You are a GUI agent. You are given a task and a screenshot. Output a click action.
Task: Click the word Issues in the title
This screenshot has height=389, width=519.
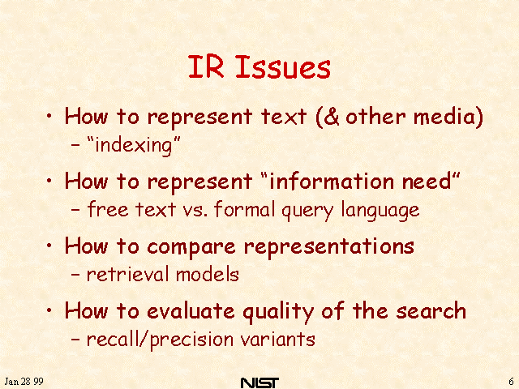coord(283,67)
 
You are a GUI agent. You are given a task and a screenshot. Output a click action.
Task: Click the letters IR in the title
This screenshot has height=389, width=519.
coord(206,66)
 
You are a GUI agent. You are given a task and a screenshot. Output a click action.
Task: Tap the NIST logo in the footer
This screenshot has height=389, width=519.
coord(259,383)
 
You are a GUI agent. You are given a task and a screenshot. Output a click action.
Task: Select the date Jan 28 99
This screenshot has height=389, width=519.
coord(24,382)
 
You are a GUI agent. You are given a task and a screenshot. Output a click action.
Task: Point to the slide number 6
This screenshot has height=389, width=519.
coord(511,382)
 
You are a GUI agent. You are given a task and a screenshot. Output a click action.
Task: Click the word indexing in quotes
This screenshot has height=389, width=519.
coord(134,146)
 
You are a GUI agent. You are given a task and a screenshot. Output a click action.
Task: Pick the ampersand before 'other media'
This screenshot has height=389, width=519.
coord(332,117)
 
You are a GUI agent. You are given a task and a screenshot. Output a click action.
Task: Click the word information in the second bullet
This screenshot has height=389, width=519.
coord(331,181)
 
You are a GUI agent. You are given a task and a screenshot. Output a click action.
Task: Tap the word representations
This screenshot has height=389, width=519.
coord(329,247)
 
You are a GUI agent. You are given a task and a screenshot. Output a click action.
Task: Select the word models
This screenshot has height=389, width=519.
coord(208,274)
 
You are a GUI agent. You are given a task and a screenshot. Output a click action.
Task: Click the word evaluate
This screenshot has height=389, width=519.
coord(191,311)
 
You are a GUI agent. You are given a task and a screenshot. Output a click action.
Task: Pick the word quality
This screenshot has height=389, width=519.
coord(278,311)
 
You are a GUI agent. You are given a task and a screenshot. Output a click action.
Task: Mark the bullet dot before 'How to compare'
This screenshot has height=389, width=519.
coord(49,246)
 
